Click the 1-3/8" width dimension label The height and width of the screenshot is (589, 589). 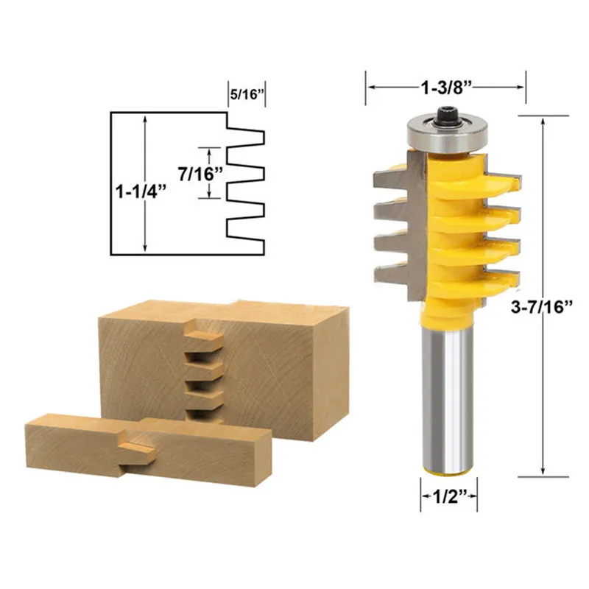point(446,88)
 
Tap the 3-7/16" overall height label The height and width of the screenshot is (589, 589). point(541,307)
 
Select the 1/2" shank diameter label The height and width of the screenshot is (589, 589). point(449,497)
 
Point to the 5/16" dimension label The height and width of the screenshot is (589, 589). point(245,94)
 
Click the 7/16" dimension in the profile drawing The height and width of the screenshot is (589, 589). point(200,174)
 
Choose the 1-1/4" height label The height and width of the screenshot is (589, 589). point(141,192)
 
